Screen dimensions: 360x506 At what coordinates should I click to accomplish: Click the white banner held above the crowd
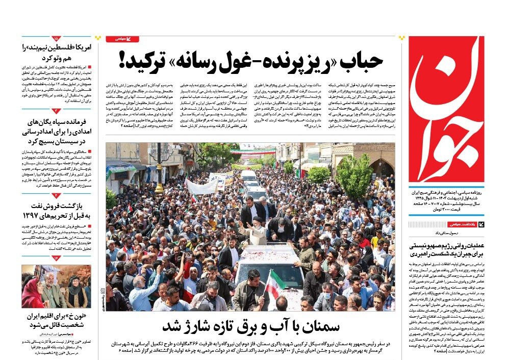(x=201, y=187)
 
